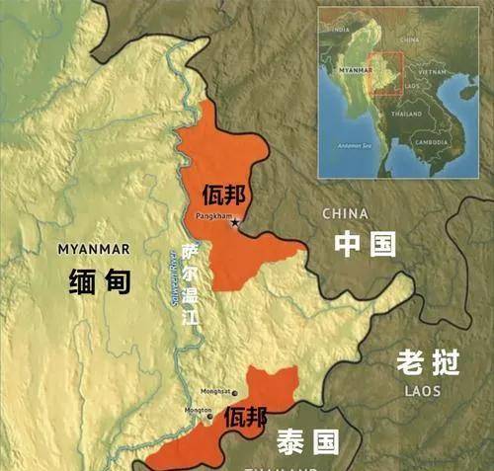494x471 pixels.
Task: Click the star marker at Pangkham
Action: (x=235, y=223)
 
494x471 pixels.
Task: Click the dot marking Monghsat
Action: (x=233, y=392)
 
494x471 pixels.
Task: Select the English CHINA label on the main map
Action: (x=345, y=213)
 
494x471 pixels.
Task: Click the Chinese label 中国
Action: (x=365, y=244)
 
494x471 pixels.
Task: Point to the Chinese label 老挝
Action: (x=428, y=362)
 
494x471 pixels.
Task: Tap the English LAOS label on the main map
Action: (x=425, y=391)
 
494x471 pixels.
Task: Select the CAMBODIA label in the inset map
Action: (x=430, y=141)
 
